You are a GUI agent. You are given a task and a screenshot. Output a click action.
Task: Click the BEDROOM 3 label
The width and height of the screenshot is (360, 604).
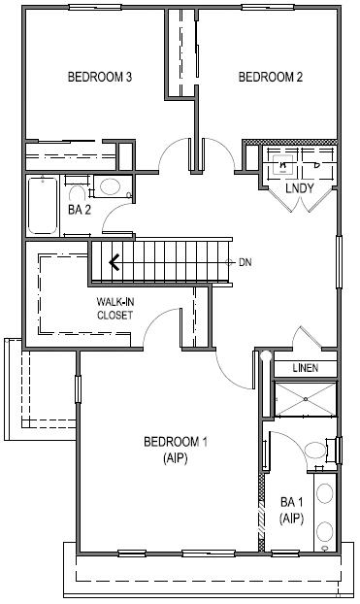tap(99, 77)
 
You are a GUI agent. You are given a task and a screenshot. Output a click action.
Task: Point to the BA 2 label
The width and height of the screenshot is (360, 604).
tap(80, 208)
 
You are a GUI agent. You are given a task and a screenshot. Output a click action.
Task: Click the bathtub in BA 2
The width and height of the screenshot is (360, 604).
tap(42, 205)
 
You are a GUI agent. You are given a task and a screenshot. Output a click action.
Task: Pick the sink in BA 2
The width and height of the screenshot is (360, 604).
tap(110, 185)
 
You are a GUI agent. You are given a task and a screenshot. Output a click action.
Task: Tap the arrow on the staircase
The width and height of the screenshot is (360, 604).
tap(115, 260)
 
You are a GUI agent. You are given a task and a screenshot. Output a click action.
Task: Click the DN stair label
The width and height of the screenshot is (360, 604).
tap(247, 262)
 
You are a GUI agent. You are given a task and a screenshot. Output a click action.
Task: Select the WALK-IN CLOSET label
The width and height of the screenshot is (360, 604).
tap(115, 309)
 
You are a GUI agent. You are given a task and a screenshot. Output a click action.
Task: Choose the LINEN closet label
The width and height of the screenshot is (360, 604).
tap(306, 368)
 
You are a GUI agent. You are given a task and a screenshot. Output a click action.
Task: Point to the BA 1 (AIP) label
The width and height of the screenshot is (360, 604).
tap(292, 510)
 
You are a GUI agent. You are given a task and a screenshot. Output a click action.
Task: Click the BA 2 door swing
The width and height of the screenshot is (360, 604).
tap(115, 219)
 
